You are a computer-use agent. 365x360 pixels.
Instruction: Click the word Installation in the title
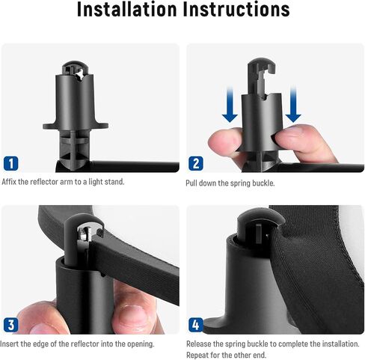[x=126, y=9]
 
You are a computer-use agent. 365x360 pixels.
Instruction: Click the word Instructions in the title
[x=236, y=9]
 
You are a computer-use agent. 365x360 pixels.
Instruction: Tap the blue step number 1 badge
[x=11, y=163]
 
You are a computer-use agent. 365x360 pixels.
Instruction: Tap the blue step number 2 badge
[x=196, y=163]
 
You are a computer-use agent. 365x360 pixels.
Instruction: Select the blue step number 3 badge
[x=11, y=325]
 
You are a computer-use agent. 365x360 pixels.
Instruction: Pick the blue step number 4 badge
[x=196, y=325]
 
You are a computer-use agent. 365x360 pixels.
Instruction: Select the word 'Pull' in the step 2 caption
[x=191, y=183]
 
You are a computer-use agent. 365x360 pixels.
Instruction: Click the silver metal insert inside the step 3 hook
[x=85, y=234]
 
